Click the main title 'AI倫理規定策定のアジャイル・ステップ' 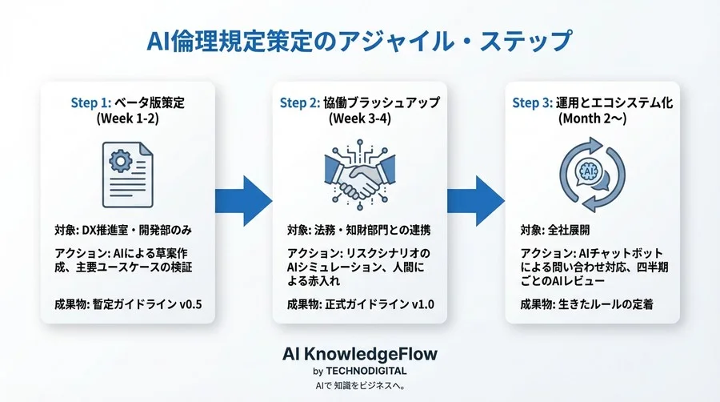pos(359,39)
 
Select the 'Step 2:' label pos(299,103)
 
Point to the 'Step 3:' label pos(532,103)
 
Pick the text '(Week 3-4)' pos(359,119)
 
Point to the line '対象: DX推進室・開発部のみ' pos(127,231)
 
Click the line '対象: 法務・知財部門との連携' pos(358,231)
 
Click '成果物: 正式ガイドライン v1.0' pos(360,304)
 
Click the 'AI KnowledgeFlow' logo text pos(360,353)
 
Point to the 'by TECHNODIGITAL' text pos(360,371)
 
